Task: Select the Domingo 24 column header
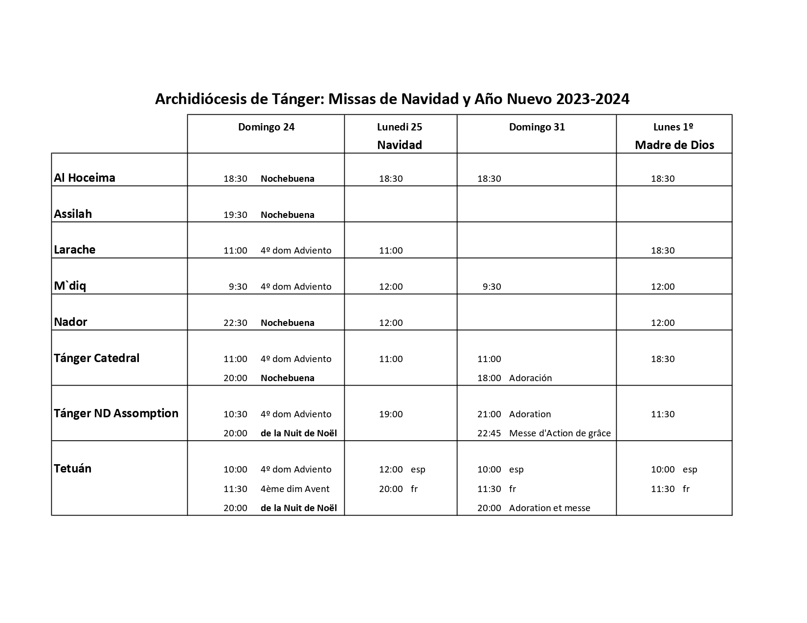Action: coord(266,127)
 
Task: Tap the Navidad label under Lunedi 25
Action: coord(399,145)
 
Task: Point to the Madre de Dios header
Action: coord(674,145)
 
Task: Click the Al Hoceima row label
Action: coord(85,178)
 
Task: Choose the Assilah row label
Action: coord(73,214)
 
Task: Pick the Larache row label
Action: coord(74,250)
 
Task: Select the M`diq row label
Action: coord(70,286)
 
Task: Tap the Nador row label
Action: coord(70,322)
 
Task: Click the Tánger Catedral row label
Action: coord(96,358)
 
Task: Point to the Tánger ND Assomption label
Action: coord(116,413)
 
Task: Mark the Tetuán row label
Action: coord(72,469)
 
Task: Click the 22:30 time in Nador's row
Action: coord(235,323)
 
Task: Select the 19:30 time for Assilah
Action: coord(235,215)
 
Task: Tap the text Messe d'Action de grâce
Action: coord(560,433)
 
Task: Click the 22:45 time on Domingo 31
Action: coord(489,433)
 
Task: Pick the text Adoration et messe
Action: coord(549,508)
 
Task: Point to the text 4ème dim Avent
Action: coord(295,489)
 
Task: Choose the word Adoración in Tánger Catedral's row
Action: coord(530,378)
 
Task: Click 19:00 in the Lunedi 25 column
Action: coord(391,414)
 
